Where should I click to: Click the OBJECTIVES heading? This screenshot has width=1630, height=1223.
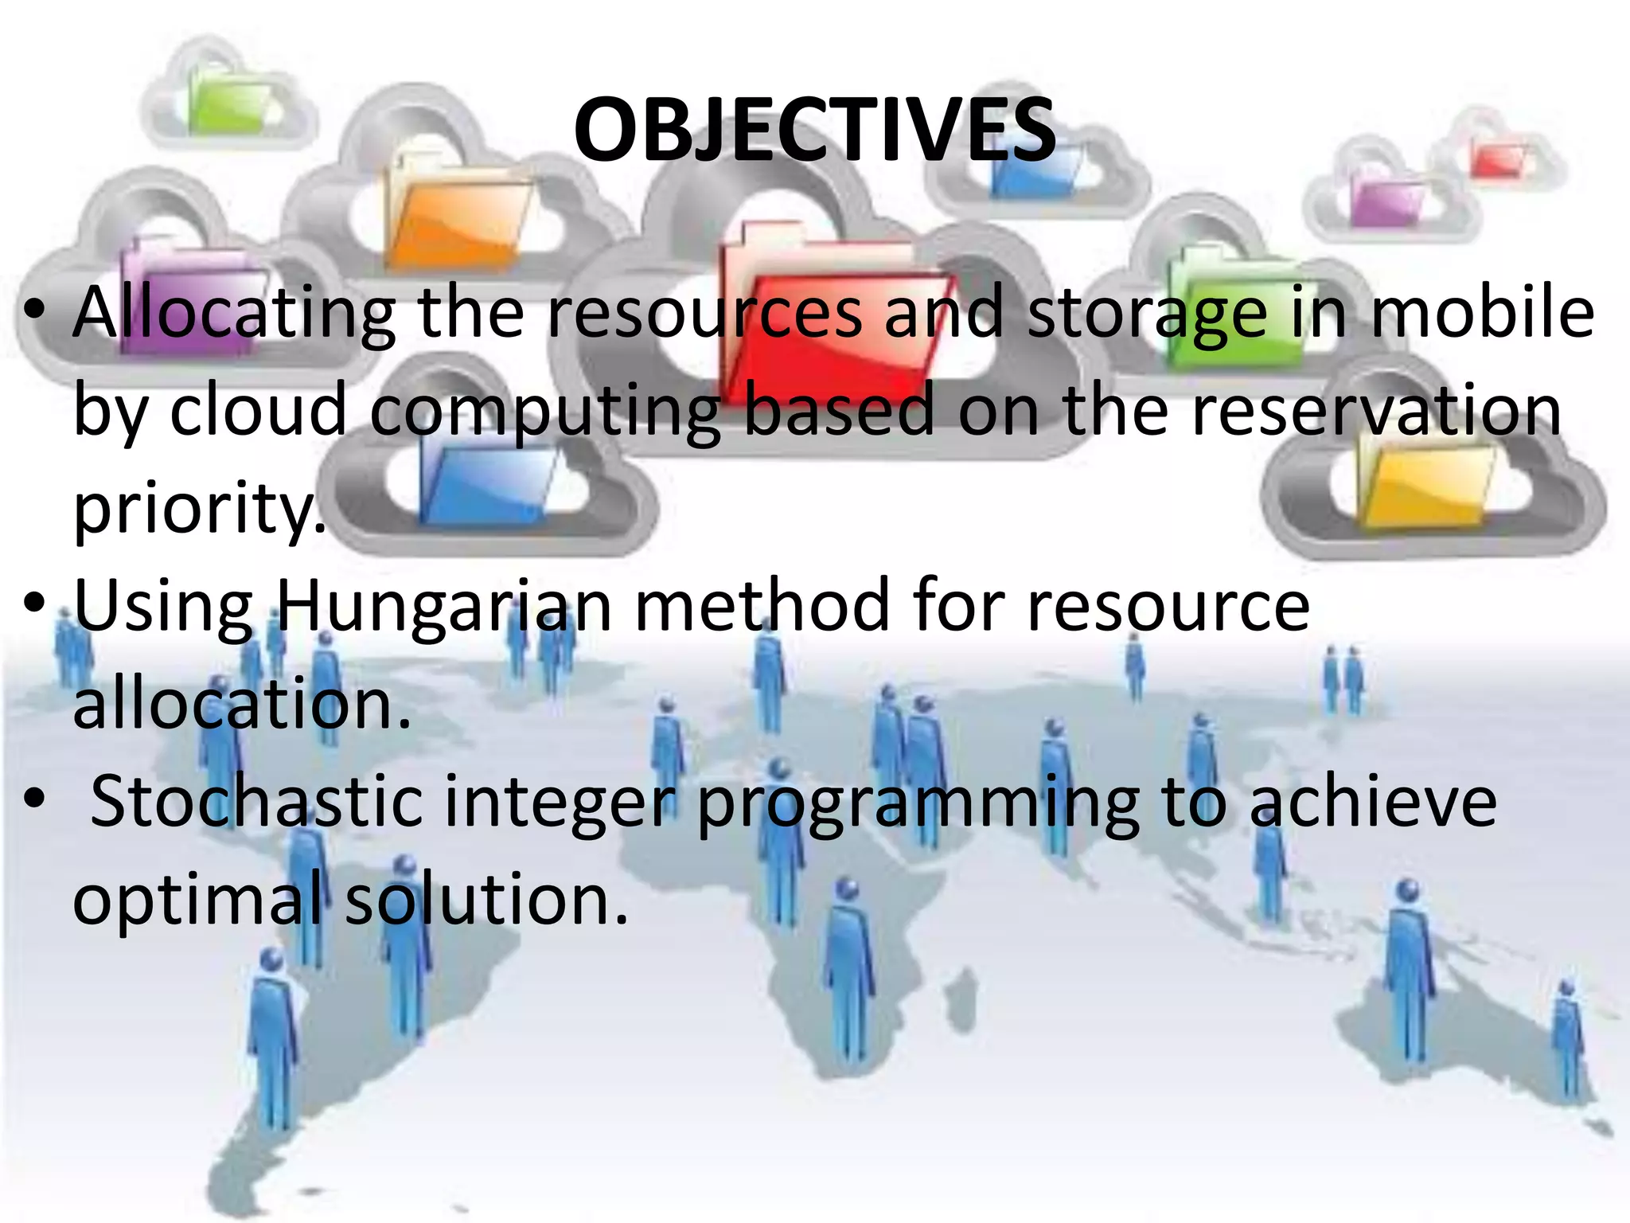coord(815,130)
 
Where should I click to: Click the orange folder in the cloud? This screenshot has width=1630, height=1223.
coord(458,215)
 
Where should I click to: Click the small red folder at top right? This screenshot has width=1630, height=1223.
coord(1496,159)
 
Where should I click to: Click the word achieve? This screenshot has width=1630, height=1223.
coord(1373,802)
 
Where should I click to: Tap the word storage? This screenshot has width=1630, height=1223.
coord(1146,315)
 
